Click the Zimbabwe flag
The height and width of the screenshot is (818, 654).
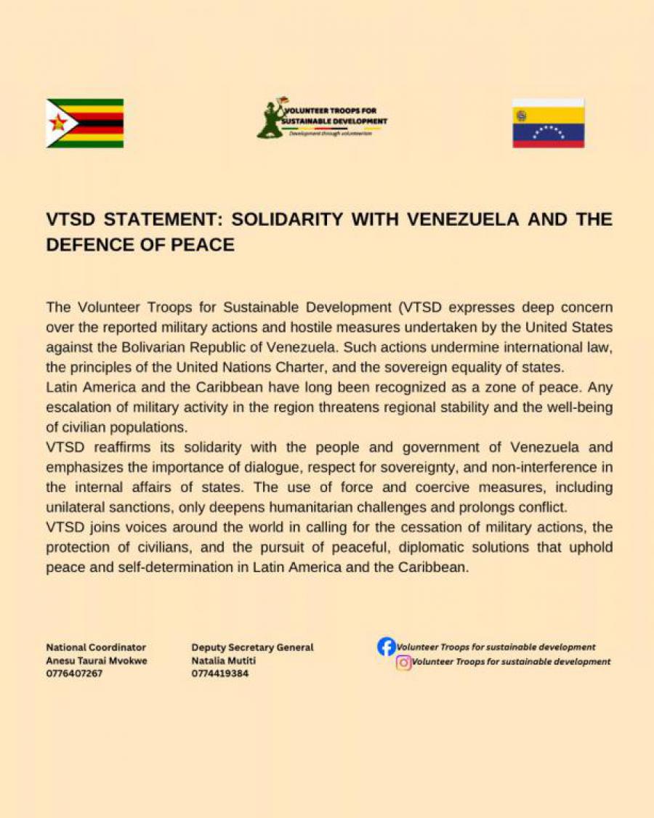[x=85, y=123]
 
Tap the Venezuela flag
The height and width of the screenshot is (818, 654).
[x=548, y=123]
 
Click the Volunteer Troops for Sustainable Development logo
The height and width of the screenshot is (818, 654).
[x=322, y=119]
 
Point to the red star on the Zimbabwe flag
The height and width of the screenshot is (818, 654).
[x=58, y=123]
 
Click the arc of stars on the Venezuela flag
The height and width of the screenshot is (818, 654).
[x=548, y=131]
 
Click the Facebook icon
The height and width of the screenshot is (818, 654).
[x=387, y=647]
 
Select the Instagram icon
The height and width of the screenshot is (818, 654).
[x=404, y=663]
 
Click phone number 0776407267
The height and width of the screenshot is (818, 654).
[x=75, y=673]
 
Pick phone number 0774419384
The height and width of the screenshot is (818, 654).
[x=220, y=673]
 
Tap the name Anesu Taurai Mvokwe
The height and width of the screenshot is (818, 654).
[x=97, y=660]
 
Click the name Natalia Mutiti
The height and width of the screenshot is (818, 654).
[x=224, y=660]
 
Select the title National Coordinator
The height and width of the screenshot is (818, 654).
[x=96, y=647]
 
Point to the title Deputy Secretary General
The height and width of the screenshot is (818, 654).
[x=252, y=647]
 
